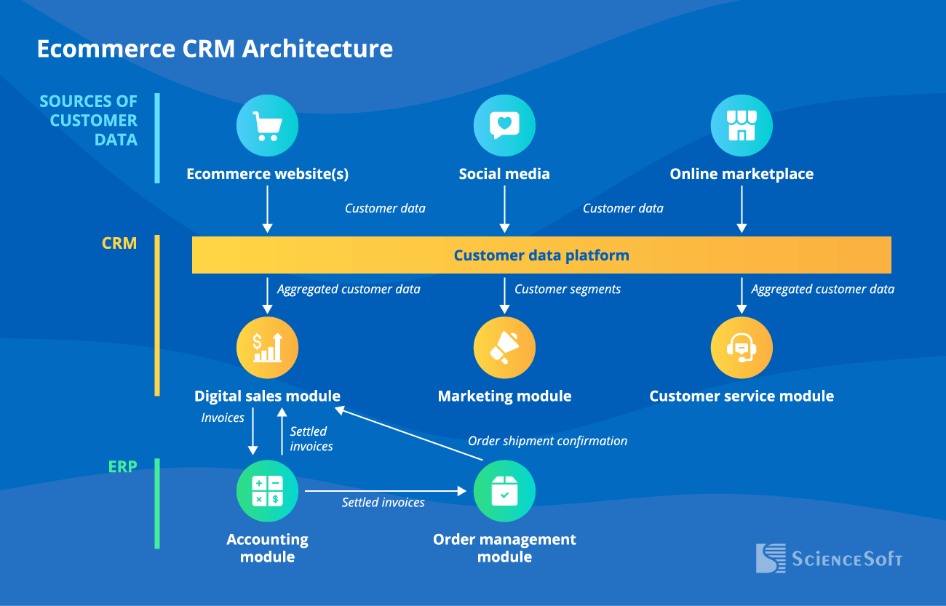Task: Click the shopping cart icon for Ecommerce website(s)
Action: click(267, 126)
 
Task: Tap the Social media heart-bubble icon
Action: click(504, 126)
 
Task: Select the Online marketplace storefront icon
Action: click(742, 126)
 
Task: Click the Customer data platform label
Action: click(541, 255)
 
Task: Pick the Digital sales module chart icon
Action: click(267, 348)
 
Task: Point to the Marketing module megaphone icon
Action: click(504, 348)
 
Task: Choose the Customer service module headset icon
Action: click(742, 348)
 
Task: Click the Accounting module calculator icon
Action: click(267, 491)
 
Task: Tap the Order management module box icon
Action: click(504, 491)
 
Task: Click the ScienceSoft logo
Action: click(829, 558)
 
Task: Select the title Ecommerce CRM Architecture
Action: click(215, 49)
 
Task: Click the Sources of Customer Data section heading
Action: click(89, 121)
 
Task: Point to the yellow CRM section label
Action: click(119, 243)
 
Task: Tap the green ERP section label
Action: click(122, 466)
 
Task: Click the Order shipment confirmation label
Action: click(547, 441)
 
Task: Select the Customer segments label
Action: click(568, 290)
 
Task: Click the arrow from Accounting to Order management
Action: click(385, 492)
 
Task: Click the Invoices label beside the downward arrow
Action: click(223, 418)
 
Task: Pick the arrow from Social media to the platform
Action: click(504, 209)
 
